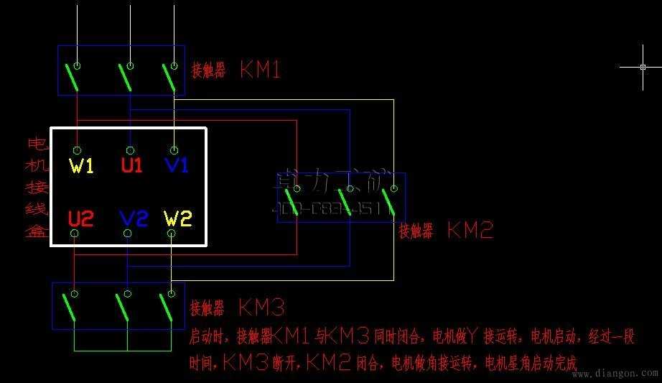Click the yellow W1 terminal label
pyautogui.click(x=81, y=165)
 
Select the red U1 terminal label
pyautogui.click(x=131, y=165)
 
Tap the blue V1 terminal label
pyautogui.click(x=176, y=165)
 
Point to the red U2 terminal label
pyautogui.click(x=80, y=218)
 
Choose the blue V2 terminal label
pyautogui.click(x=133, y=218)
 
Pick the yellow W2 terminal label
pyautogui.click(x=177, y=218)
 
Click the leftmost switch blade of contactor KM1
pyautogui.click(x=73, y=78)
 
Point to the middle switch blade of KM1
pyautogui.click(x=125, y=78)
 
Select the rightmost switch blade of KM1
pyautogui.click(x=169, y=78)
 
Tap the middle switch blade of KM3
pyautogui.click(x=121, y=307)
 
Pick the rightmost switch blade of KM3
pyautogui.click(x=166, y=307)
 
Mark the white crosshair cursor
pyautogui.click(x=643, y=67)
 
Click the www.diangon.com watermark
pyautogui.click(x=615, y=374)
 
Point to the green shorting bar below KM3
pyautogui.click(x=122, y=350)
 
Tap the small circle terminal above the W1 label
pyautogui.click(x=77, y=150)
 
